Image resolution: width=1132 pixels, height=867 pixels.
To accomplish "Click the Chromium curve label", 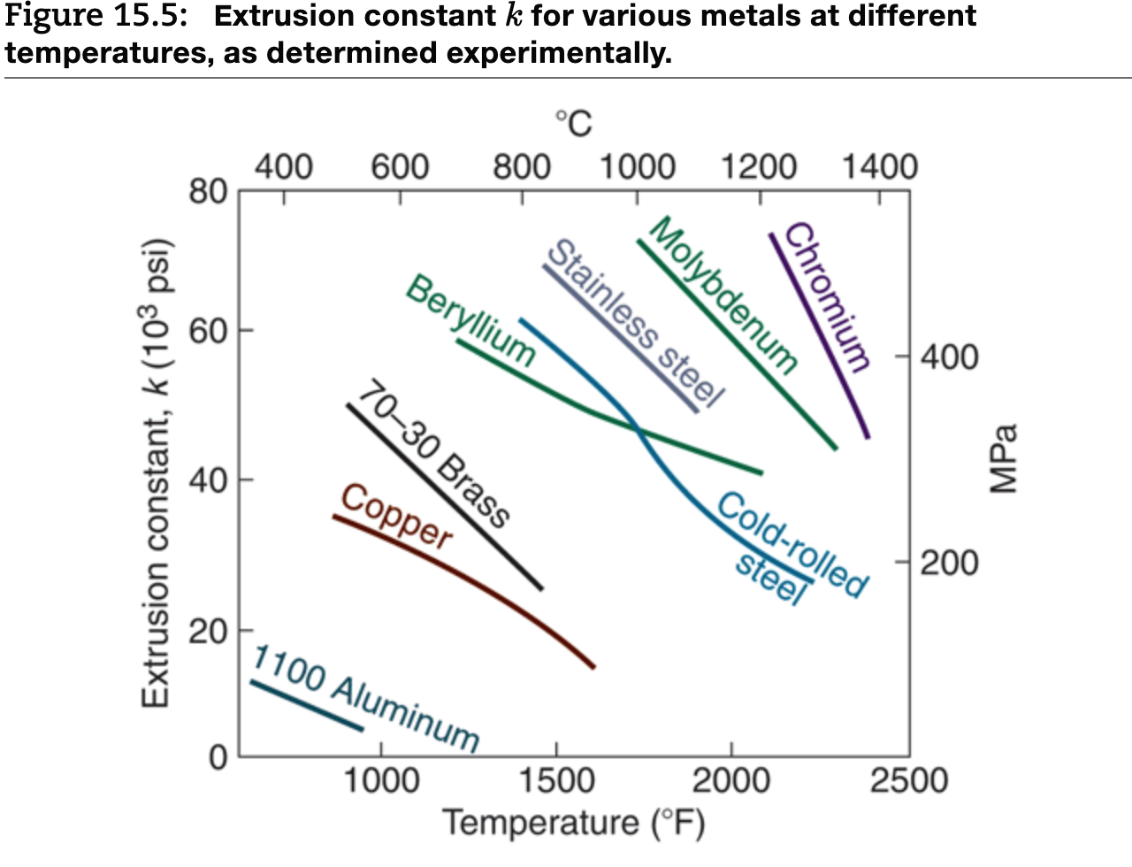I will point(828,296).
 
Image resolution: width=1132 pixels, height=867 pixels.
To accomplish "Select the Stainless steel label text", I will point(636,322).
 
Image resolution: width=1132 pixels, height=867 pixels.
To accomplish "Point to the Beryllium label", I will point(471,320).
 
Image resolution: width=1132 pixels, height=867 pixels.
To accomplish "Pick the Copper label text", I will point(397,516).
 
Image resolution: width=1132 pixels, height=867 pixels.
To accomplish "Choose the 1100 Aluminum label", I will point(366,698).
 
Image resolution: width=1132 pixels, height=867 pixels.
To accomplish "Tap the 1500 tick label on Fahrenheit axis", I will point(555,781).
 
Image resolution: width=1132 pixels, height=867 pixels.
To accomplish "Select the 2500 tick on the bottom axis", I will point(908,781).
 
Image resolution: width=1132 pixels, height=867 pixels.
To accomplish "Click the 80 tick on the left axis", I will point(208,190).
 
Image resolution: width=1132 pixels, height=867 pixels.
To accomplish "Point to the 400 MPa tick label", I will point(949,357).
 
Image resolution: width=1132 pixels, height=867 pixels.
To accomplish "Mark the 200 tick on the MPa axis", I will point(949,563).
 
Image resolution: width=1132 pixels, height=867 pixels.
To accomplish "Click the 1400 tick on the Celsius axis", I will point(879,167).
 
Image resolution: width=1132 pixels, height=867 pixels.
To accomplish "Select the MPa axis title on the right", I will point(1003,458).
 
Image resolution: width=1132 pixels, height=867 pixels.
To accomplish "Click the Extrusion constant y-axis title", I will point(156,473).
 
